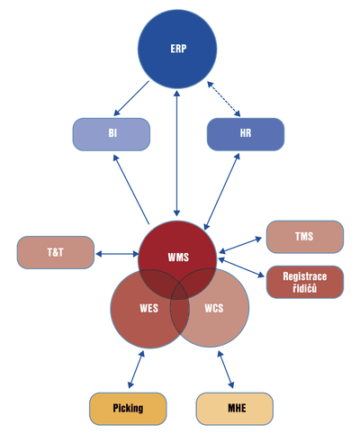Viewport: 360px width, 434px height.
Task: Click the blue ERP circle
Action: [x=177, y=49]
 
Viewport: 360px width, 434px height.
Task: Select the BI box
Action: [x=112, y=134]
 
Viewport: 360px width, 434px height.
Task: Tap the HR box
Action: [x=246, y=134]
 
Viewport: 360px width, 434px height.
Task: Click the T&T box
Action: [x=56, y=252]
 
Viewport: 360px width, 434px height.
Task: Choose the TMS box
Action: [x=305, y=237]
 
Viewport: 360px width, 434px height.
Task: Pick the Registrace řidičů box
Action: [x=305, y=282]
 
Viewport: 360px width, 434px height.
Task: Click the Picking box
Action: [x=128, y=409]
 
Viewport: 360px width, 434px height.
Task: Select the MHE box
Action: [x=235, y=409]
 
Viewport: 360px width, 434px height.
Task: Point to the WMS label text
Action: [x=178, y=258]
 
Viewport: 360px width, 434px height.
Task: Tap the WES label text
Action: [x=149, y=308]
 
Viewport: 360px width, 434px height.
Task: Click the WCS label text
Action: [x=214, y=308]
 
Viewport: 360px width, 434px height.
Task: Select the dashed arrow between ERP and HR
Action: [x=224, y=99]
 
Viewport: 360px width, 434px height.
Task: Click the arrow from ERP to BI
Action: [x=131, y=98]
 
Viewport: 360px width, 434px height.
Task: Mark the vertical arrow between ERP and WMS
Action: [x=177, y=153]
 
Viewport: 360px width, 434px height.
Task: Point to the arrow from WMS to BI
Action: [x=131, y=189]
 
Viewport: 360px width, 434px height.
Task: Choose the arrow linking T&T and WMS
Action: [x=117, y=254]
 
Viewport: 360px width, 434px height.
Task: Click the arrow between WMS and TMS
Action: [x=240, y=245]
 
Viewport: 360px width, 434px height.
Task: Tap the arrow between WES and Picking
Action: [x=136, y=369]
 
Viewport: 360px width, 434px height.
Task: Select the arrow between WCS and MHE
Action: [x=226, y=370]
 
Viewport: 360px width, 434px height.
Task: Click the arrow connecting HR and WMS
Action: [x=221, y=192]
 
